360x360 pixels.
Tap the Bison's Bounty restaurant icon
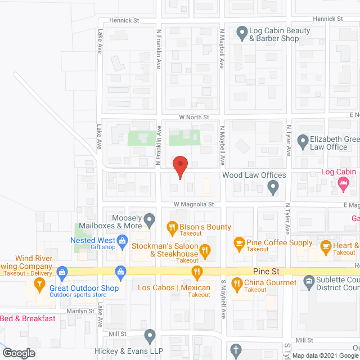click(x=173, y=227)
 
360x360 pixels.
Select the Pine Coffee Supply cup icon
click(x=238, y=242)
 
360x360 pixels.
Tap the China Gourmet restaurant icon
click(x=237, y=287)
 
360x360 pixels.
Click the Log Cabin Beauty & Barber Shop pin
click(x=242, y=34)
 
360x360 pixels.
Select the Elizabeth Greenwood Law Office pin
click(x=303, y=143)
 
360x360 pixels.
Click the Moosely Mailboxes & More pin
click(x=149, y=219)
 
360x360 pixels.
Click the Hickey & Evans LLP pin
click(x=150, y=336)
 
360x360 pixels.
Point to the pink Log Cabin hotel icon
click(x=343, y=183)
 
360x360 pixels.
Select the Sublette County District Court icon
click(x=308, y=281)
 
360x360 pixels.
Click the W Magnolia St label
click(x=193, y=204)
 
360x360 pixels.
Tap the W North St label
click(x=193, y=118)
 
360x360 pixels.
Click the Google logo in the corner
click(x=18, y=353)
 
